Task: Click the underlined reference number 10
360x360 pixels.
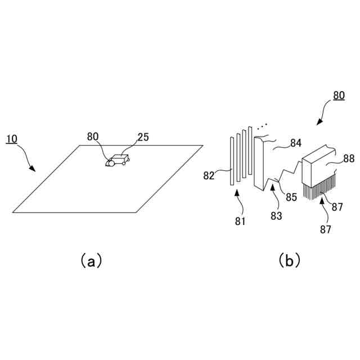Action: [x=13, y=138]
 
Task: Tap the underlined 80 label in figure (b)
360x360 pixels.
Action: [x=339, y=95]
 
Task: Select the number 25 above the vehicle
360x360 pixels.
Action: [x=143, y=137]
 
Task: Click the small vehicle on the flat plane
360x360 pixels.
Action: [x=117, y=161]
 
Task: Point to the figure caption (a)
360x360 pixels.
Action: [x=91, y=260]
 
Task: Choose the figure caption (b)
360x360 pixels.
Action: [x=289, y=260]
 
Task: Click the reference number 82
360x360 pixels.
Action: [x=209, y=175]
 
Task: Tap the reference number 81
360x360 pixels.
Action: [x=240, y=221]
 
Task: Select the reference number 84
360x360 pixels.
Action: [x=296, y=144]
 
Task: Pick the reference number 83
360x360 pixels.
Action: [x=276, y=215]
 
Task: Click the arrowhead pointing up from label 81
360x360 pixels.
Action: [x=237, y=193]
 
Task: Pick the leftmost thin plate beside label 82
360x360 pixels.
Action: [x=231, y=160]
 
